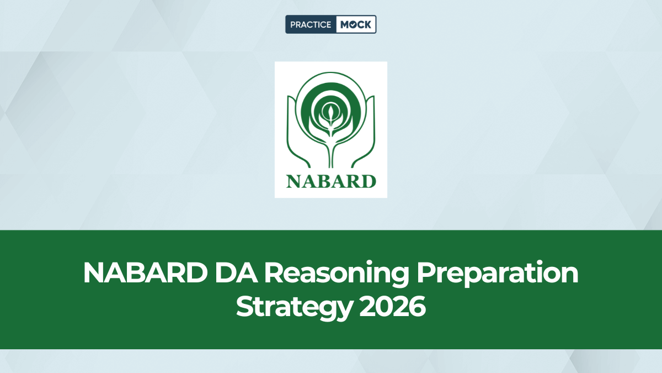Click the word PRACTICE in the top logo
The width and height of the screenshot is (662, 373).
311,24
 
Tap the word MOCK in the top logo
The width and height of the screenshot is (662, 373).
355,24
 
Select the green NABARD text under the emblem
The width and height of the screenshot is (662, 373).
331,181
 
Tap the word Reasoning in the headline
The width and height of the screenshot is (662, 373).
326,274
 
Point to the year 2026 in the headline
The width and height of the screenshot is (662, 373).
392,306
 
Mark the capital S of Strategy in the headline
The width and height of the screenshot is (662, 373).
245,306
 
